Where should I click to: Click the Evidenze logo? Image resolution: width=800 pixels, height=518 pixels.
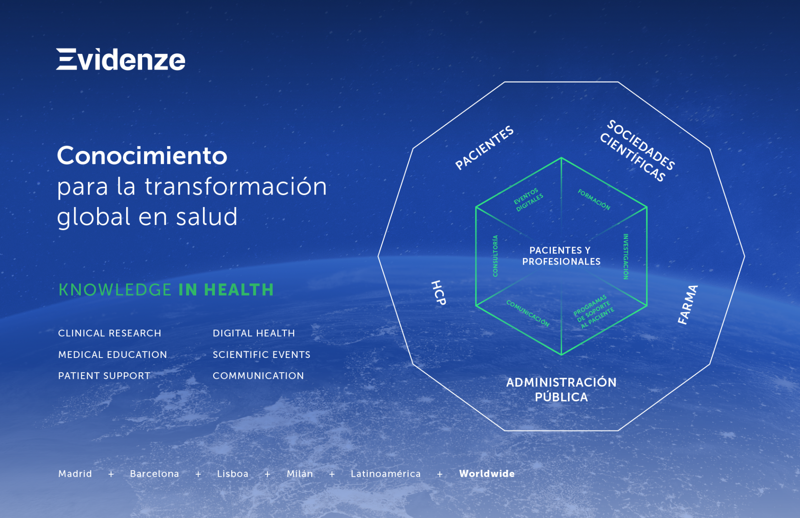[x=121, y=59]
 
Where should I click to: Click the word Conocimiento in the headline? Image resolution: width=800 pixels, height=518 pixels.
[x=142, y=155]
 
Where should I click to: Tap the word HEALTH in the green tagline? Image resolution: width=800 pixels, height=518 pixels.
[x=239, y=290]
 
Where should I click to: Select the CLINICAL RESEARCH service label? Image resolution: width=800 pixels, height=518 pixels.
[x=110, y=333]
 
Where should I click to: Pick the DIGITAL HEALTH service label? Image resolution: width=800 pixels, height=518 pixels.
[x=254, y=333]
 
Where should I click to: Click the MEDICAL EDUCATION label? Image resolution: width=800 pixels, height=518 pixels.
[x=112, y=355]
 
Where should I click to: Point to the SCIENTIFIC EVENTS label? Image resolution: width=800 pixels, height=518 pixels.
[x=262, y=355]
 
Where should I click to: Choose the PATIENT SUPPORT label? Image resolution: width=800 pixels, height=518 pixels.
[x=104, y=375]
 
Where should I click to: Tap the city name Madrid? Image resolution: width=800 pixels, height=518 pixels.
[x=75, y=473]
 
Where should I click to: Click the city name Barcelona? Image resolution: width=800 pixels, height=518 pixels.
[x=155, y=473]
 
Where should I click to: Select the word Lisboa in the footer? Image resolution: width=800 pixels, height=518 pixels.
[x=232, y=473]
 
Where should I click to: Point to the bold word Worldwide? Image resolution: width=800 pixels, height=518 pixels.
[x=487, y=473]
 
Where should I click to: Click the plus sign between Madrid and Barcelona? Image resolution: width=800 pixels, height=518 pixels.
[x=111, y=474]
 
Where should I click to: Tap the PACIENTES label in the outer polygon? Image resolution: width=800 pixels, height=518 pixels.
[x=484, y=148]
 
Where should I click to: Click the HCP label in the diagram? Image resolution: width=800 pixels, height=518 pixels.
[x=438, y=293]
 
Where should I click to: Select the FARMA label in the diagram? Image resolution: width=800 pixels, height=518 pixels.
[x=688, y=305]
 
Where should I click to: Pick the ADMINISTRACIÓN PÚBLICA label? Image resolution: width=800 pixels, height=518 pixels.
[x=561, y=389]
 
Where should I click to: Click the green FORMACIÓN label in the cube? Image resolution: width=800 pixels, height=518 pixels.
[x=594, y=200]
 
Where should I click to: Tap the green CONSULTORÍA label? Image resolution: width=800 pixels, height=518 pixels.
[x=495, y=256]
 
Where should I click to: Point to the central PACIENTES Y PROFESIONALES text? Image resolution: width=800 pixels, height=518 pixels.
[x=561, y=256]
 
